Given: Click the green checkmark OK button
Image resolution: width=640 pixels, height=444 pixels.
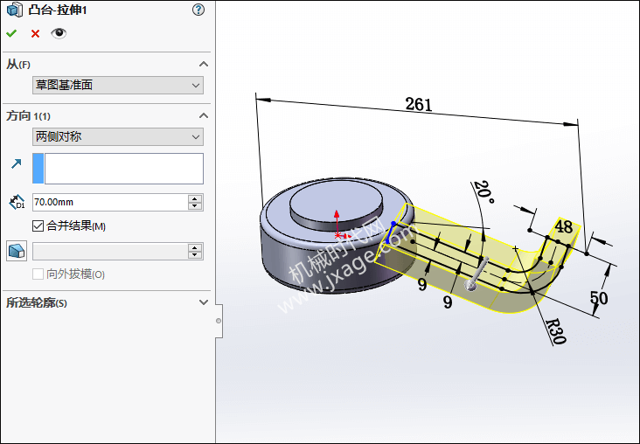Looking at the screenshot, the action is [11, 33].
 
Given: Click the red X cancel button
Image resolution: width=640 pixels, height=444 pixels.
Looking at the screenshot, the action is [35, 33].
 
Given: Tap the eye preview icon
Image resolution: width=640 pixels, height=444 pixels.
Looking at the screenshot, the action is [59, 33].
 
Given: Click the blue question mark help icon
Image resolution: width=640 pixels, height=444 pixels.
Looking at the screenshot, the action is [198, 10].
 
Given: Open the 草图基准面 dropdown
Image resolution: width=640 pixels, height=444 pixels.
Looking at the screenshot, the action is [117, 86].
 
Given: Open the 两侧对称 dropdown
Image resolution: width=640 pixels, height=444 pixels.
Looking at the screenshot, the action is [117, 136].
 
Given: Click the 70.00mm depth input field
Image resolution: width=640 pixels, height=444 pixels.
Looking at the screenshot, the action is [110, 202].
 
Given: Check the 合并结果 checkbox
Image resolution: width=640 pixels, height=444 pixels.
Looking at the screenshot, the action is [38, 225].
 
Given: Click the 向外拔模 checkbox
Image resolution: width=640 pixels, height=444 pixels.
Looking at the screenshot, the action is [38, 274].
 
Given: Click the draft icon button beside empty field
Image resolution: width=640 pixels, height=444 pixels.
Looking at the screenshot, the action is [17, 251].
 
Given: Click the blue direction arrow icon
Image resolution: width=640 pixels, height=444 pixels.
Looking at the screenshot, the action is [17, 164].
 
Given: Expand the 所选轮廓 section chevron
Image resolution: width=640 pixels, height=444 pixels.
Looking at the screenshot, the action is [203, 302].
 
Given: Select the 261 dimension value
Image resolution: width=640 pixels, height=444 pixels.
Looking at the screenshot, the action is [419, 105].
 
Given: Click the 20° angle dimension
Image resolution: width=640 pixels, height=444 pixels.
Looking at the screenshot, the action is [484, 192].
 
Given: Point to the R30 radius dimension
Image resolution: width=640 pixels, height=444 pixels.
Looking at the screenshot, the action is [556, 331].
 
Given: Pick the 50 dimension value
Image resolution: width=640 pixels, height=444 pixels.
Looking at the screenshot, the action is [599, 298].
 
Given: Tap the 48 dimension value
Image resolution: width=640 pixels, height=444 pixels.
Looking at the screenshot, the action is [564, 226].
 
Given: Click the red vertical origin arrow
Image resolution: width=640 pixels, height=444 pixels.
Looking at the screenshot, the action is [337, 222].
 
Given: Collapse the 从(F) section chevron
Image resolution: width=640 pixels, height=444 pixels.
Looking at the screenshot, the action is [203, 64].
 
